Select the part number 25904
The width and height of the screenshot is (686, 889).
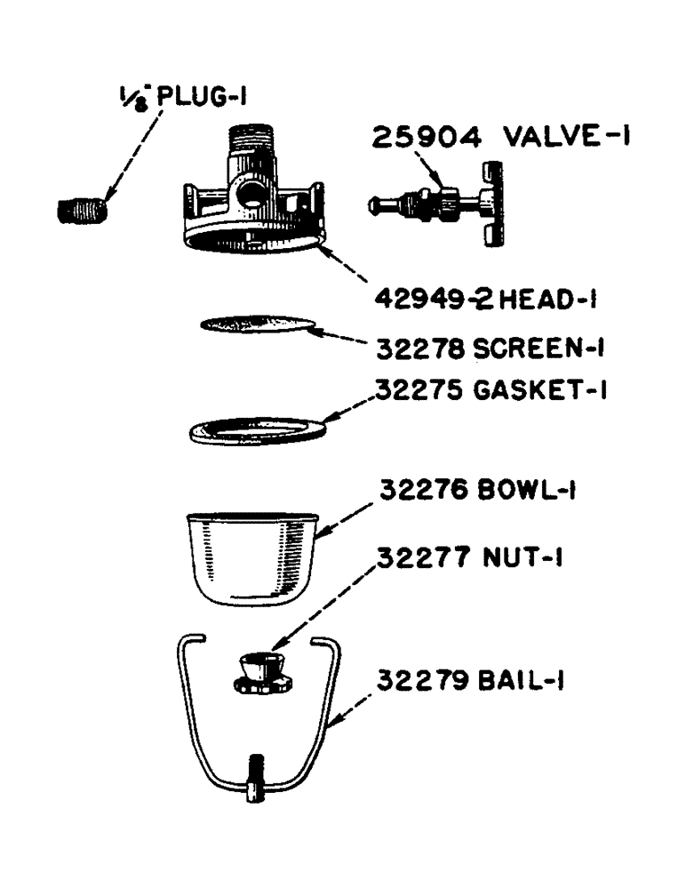[x=427, y=139]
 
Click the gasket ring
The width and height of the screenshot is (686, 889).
[x=259, y=429]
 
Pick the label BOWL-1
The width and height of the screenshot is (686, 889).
[x=525, y=491]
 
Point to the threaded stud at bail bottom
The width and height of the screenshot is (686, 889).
[x=257, y=774]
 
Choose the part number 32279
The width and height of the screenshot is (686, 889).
[x=421, y=682]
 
